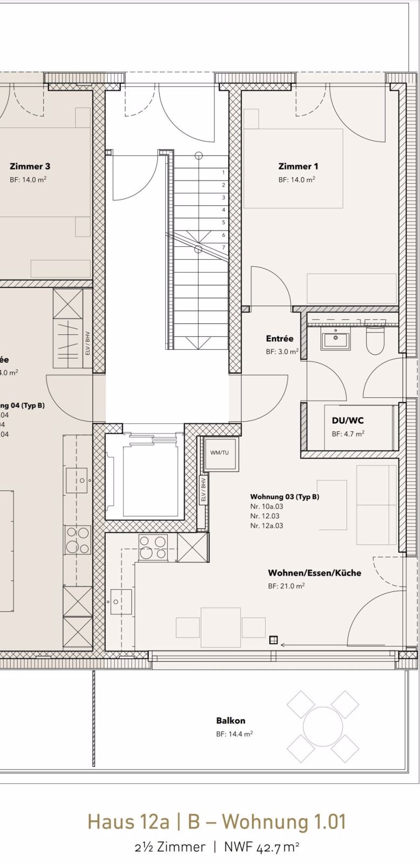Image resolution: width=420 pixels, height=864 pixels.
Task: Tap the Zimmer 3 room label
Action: tap(30, 166)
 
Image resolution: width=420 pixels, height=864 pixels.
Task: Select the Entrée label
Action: tap(280, 339)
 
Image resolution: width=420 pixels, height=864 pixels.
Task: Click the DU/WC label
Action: tap(348, 420)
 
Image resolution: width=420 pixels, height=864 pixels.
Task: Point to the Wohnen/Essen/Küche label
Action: tap(315, 572)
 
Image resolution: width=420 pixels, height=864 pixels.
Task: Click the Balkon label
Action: tap(231, 720)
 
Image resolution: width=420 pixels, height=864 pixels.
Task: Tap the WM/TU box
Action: tap(219, 453)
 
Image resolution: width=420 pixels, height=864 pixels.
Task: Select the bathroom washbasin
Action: tap(336, 341)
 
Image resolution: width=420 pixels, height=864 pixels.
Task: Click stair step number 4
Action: tap(223, 210)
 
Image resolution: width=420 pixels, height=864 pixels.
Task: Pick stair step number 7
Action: tap(223, 247)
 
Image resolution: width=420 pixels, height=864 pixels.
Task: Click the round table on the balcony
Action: tap(323, 726)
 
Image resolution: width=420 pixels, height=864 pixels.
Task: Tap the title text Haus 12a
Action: tap(128, 821)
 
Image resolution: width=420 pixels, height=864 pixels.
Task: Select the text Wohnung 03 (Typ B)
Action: tap(284, 496)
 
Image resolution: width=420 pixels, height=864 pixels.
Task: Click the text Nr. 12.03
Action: tap(265, 516)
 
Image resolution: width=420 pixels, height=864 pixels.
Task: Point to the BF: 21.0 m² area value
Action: tap(286, 586)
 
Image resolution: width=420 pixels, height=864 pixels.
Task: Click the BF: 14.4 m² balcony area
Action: tap(234, 734)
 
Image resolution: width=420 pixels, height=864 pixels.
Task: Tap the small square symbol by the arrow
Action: tap(273, 640)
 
